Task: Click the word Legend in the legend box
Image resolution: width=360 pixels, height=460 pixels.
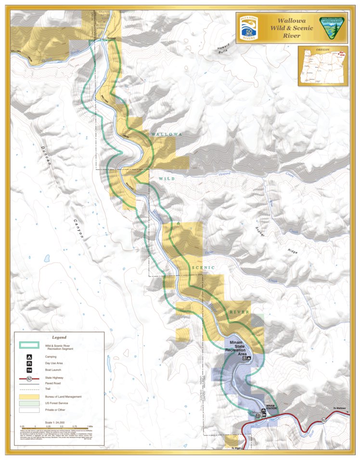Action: pos(59,337)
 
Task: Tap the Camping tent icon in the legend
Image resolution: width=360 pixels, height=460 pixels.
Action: pos(29,358)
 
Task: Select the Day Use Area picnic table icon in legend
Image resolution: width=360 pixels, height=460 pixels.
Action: pos(29,364)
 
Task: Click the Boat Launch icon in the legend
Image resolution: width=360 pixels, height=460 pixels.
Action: pos(29,370)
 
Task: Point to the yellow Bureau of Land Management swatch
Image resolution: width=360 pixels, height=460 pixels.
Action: pos(29,396)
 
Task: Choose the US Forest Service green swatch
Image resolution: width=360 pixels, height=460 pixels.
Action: pos(29,403)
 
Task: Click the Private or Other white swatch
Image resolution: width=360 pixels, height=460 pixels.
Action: pos(29,410)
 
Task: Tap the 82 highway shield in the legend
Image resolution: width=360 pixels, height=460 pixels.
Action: pos(29,379)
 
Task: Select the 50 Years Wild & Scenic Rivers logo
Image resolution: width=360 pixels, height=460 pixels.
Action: pos(250,28)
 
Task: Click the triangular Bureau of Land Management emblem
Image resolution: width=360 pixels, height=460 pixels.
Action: pos(332,27)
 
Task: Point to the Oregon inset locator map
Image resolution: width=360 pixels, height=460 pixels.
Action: pos(322,65)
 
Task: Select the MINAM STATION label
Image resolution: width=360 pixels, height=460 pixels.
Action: pos(272,407)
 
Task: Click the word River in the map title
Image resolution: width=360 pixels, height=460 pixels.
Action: pos(291,36)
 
